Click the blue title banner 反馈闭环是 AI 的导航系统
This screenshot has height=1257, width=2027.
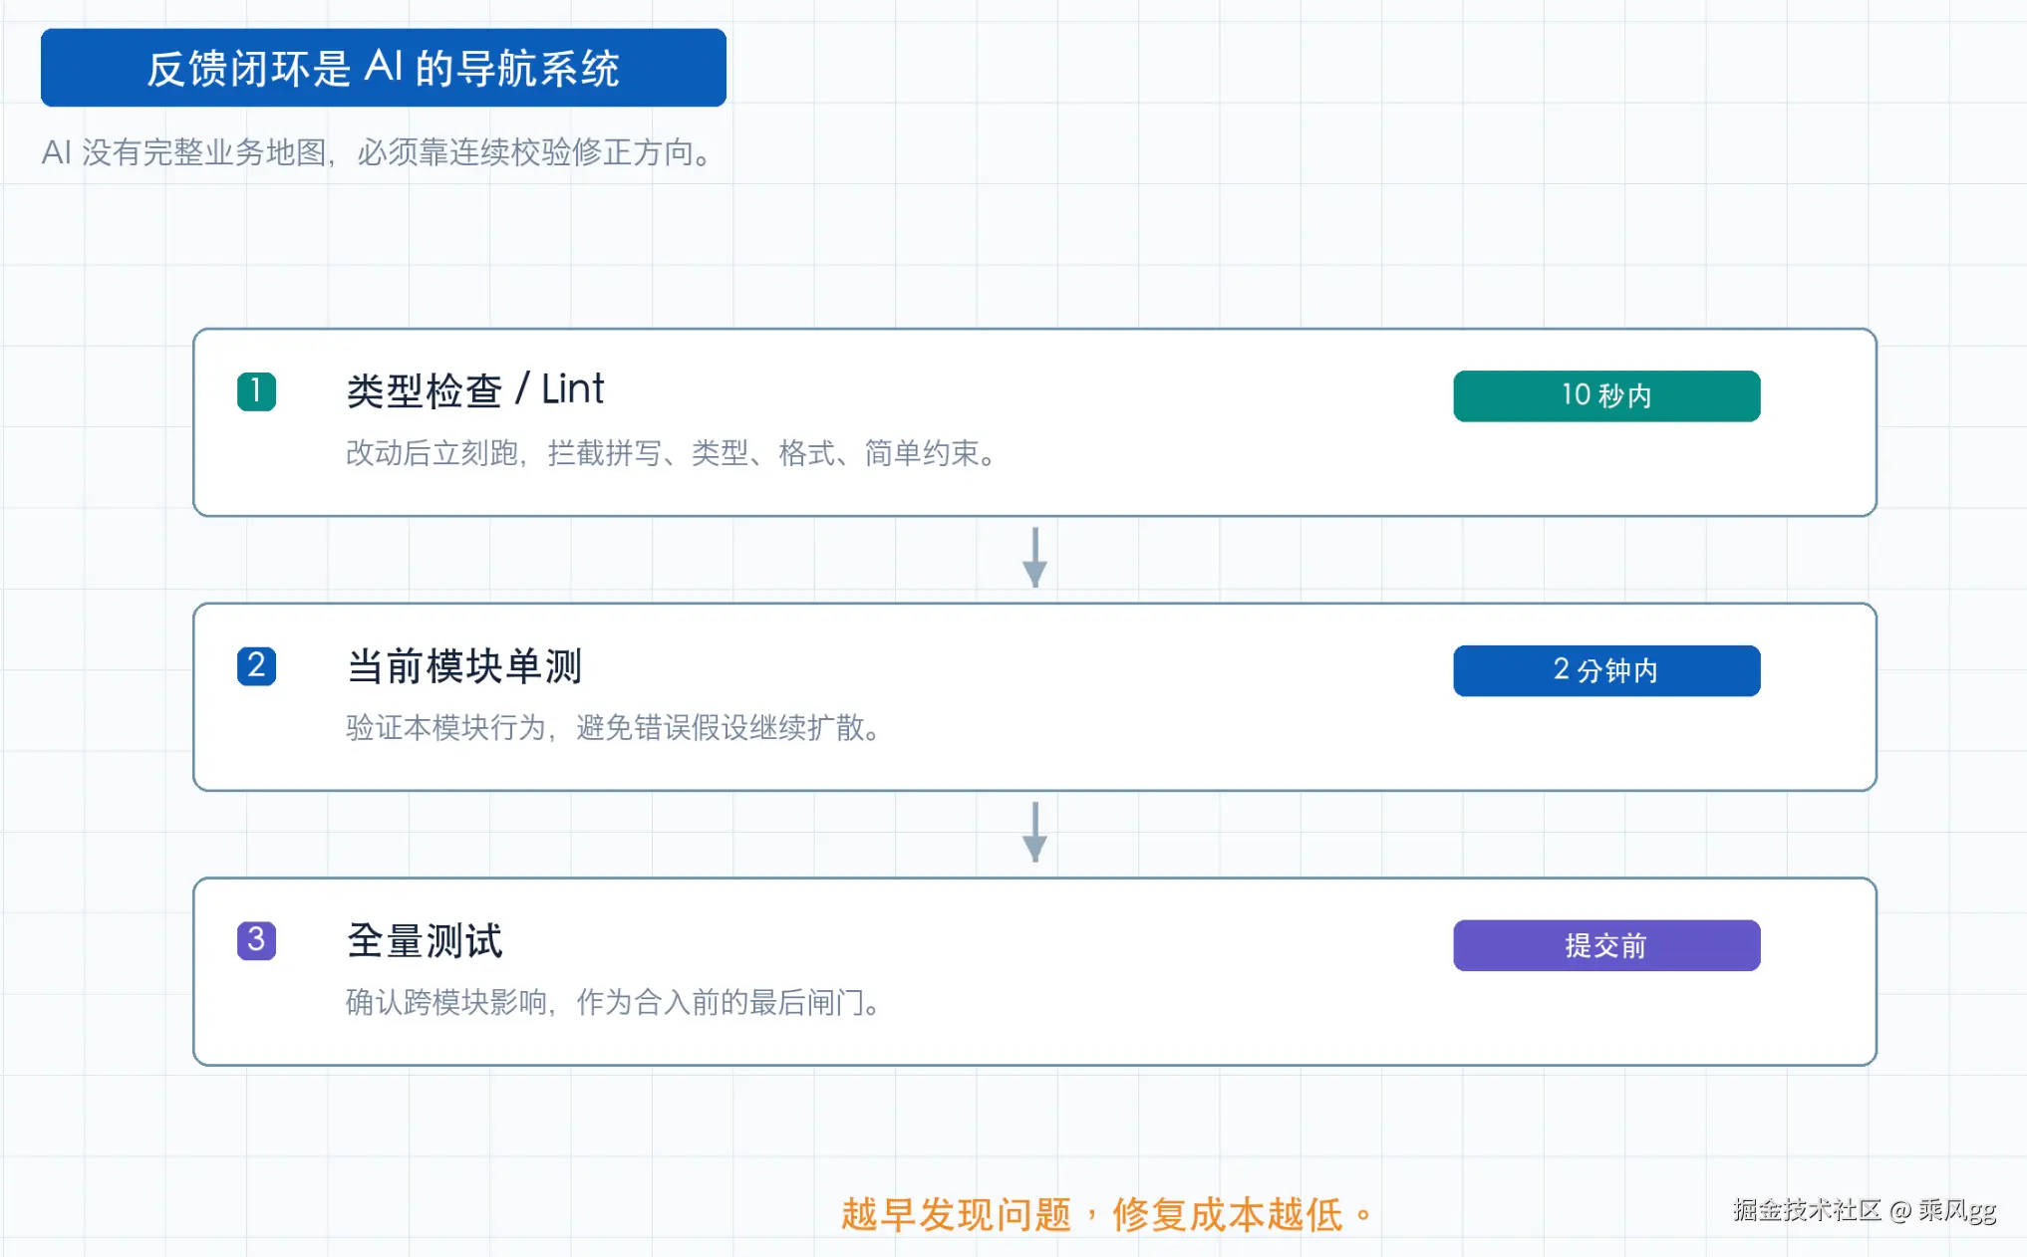384,68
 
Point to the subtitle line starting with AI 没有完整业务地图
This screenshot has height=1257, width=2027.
378,152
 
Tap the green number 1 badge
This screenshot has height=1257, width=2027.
256,391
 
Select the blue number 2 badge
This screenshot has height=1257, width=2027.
256,666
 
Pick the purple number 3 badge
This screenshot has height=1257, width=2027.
256,940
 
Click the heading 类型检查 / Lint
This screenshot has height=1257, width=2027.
475,390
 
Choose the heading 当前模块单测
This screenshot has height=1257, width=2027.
464,666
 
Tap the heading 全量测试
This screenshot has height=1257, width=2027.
425,941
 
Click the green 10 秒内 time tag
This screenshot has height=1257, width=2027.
1606,396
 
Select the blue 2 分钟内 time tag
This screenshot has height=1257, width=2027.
1606,670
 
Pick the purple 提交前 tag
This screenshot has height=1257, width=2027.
1606,945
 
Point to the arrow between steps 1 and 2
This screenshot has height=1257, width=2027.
1035,558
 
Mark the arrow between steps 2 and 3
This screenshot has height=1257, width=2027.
1035,833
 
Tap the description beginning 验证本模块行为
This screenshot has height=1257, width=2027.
614,728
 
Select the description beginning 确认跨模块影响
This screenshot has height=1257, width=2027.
614,1003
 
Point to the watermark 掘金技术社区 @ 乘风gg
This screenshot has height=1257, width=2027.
1865,1210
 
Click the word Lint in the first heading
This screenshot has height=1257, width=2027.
573,389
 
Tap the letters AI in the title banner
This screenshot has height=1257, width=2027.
384,67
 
